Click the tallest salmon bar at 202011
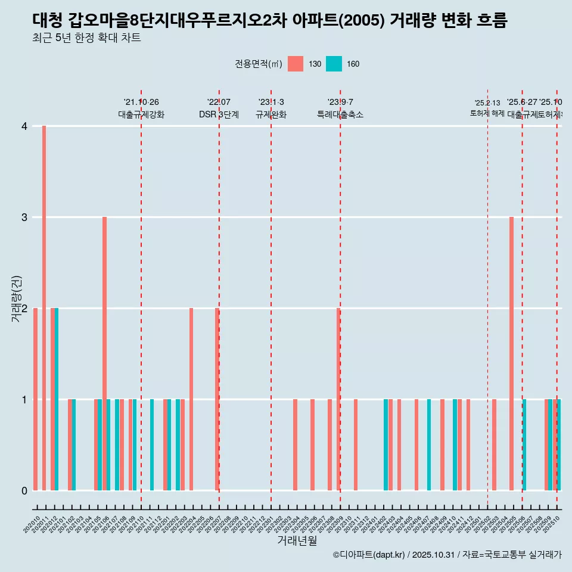pos(44,308)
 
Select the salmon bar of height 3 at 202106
pos(104,353)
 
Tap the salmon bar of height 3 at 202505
pos(511,353)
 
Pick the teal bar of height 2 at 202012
pos(57,399)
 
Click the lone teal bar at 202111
pos(152,444)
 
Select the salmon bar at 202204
pos(191,399)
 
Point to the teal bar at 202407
pos(429,444)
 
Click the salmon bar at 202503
pos(494,444)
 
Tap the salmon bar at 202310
pos(356,444)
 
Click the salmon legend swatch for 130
pos(296,64)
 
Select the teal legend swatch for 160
pos(334,64)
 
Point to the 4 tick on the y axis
pos(24,126)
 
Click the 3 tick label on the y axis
pos(24,217)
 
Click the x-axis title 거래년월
pos(297,540)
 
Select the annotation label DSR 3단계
pos(219,114)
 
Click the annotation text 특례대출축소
pos(340,114)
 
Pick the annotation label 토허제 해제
pos(487,113)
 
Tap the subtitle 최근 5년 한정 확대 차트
pos(87,39)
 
